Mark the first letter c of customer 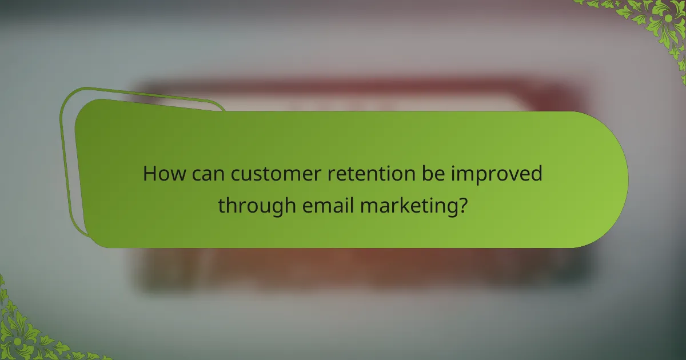[x=236, y=174]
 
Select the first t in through [x=222, y=204]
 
